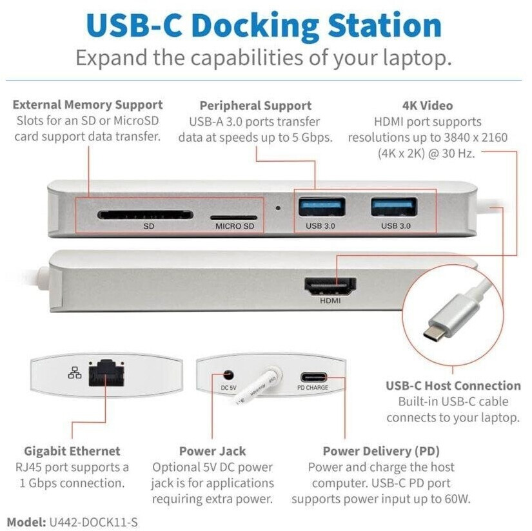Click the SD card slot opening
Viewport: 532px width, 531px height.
click(145, 215)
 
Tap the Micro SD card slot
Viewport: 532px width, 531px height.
click(233, 217)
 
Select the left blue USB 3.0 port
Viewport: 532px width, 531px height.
click(322, 206)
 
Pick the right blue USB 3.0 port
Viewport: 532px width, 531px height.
click(394, 206)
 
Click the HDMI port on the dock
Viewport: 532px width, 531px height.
click(330, 287)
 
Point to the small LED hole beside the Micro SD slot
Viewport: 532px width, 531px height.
click(278, 208)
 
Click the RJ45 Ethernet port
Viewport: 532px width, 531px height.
click(106, 373)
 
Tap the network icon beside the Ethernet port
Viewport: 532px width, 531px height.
click(75, 372)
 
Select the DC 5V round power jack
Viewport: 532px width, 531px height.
click(228, 375)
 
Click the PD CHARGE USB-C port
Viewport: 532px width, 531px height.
click(314, 377)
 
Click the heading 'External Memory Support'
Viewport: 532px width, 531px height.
click(88, 105)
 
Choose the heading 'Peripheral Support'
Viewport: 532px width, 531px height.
click(255, 106)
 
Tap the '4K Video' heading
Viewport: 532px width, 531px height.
click(428, 106)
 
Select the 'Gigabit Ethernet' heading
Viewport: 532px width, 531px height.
click(72, 451)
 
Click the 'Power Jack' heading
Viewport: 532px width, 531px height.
click(212, 451)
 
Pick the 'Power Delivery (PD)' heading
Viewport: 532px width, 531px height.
click(381, 451)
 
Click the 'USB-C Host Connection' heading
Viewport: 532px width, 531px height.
click(453, 385)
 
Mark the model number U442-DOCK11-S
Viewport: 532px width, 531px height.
click(94, 522)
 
